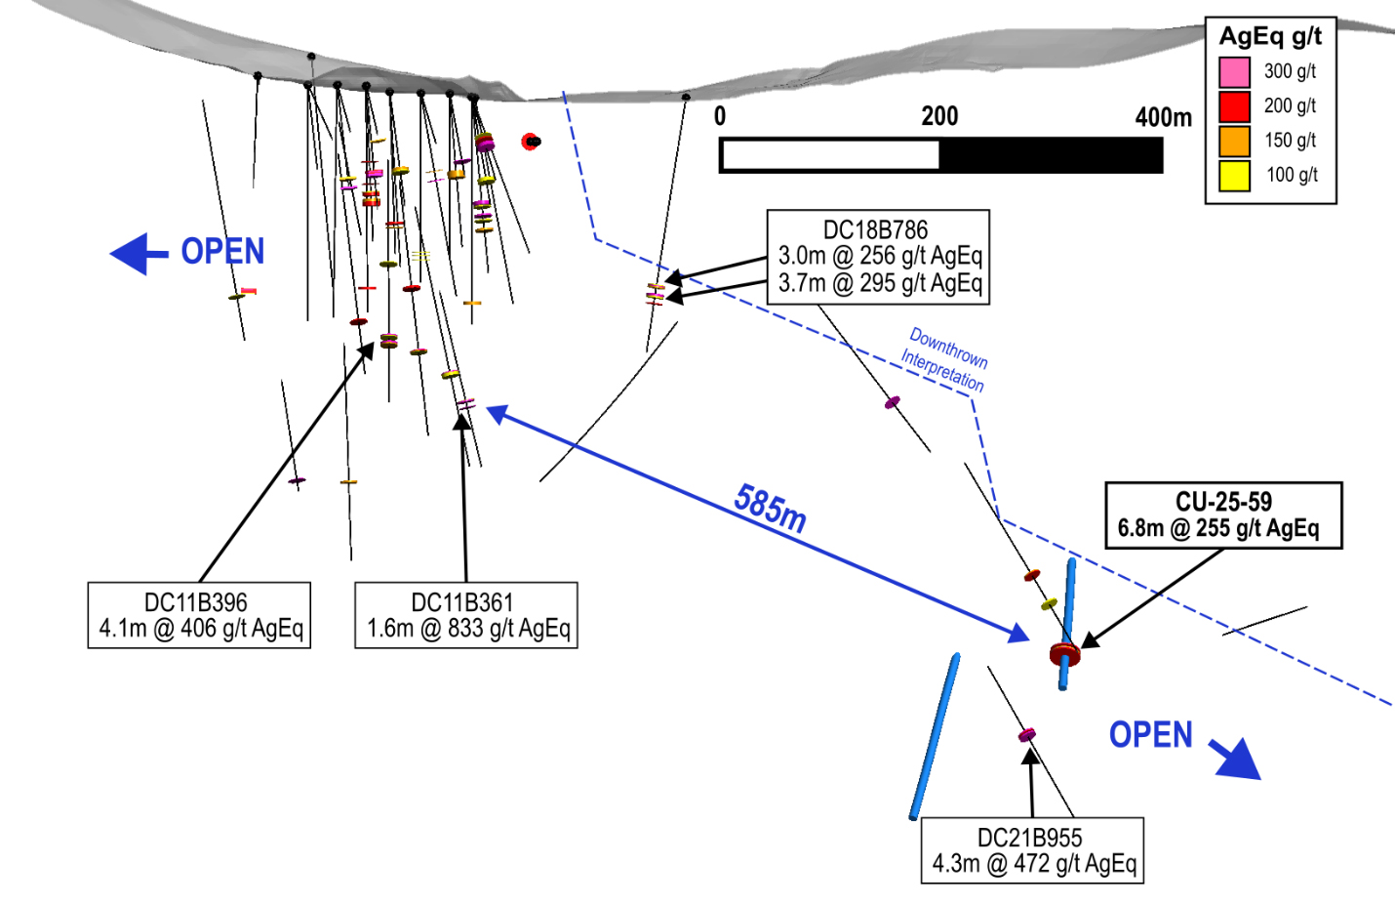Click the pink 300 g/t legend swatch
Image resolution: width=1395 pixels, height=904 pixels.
click(1234, 72)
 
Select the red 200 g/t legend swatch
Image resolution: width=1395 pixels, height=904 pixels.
click(1234, 106)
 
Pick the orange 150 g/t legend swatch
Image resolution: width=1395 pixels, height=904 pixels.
click(1234, 141)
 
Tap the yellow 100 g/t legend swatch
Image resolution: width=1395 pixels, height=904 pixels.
click(1234, 176)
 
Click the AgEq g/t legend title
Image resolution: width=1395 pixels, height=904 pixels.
click(1270, 37)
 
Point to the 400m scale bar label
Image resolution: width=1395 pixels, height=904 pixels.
click(1163, 117)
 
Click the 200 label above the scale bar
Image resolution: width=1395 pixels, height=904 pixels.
click(939, 116)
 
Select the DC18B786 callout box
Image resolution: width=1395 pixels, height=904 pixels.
click(878, 257)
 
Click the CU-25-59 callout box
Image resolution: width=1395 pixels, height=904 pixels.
click(1223, 515)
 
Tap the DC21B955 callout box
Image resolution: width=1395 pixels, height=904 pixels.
click(1032, 850)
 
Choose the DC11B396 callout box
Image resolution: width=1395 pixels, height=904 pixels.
click(199, 615)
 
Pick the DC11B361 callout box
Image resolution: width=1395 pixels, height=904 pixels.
click(466, 615)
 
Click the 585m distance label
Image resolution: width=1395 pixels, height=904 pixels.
click(771, 509)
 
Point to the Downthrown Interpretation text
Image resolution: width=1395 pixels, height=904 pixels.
click(944, 359)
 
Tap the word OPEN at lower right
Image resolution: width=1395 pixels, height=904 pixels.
click(1150, 735)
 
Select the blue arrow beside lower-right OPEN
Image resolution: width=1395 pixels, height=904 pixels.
click(1236, 760)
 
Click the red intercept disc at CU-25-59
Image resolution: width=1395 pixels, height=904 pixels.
click(1064, 653)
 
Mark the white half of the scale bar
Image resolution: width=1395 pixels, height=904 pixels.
click(830, 155)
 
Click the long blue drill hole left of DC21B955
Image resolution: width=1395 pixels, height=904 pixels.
click(935, 737)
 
